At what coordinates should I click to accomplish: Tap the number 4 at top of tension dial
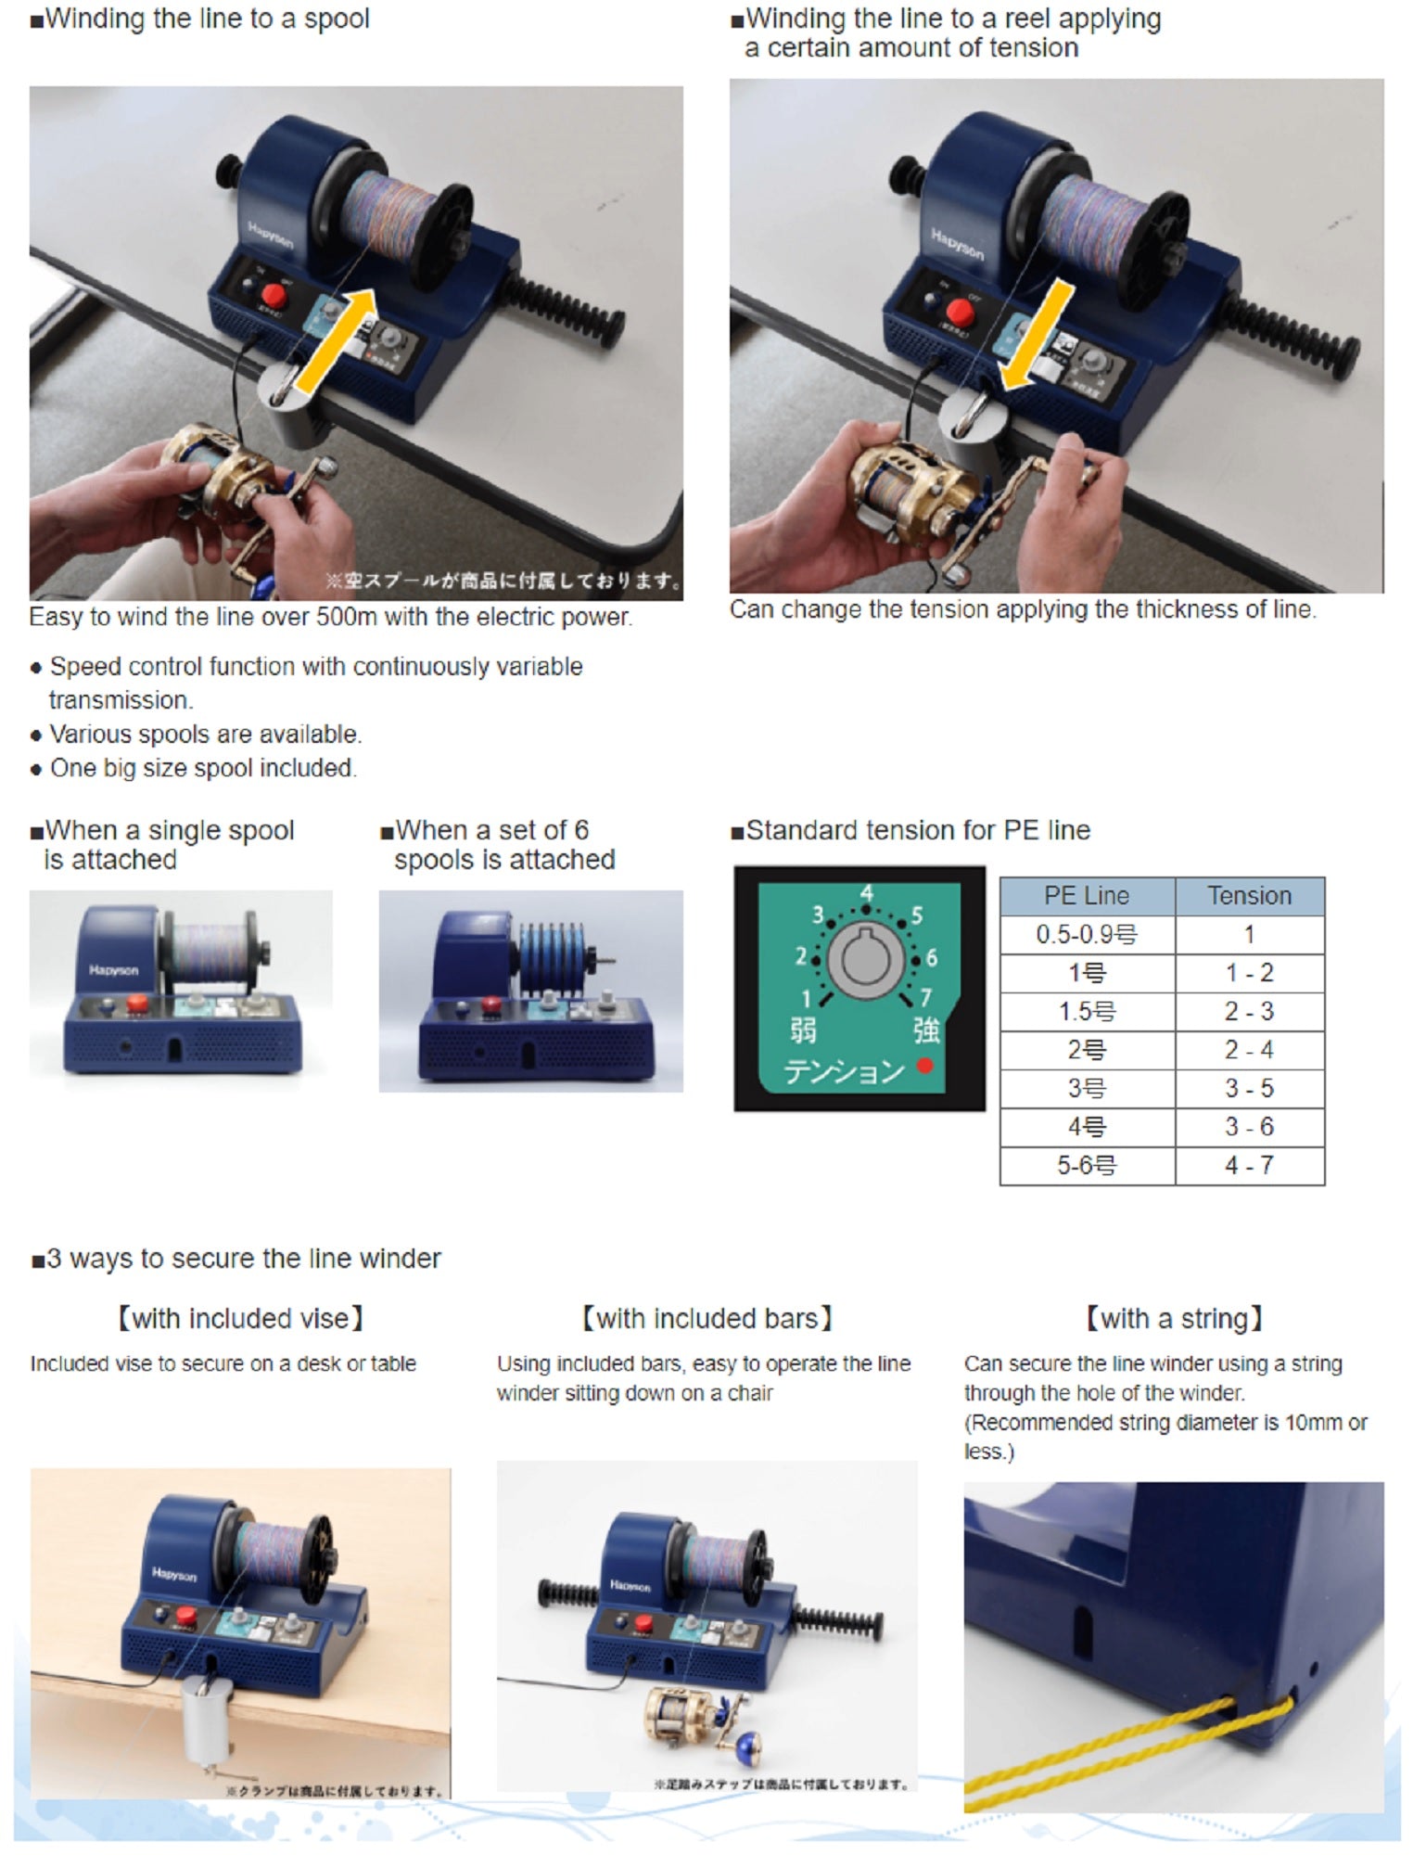point(866,893)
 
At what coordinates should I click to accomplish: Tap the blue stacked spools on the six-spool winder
point(553,957)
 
